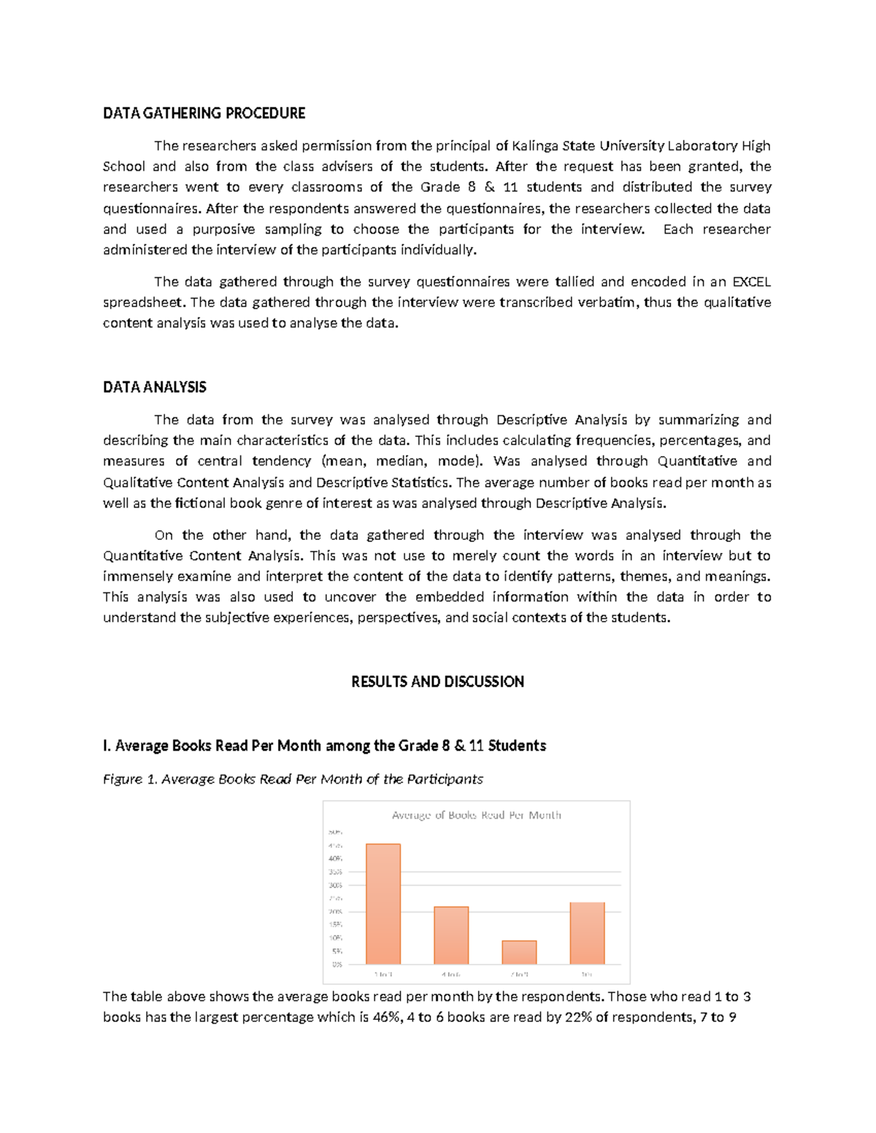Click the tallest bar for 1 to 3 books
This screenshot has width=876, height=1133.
coord(383,904)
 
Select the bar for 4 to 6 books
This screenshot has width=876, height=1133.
coord(451,935)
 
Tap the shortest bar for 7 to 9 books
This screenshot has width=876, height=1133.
coord(519,952)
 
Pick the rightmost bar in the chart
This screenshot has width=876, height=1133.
coord(587,933)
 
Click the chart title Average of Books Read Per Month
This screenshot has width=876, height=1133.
coord(476,815)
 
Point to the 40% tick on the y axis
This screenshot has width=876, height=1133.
coord(336,859)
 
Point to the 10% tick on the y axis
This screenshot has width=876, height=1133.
coord(336,938)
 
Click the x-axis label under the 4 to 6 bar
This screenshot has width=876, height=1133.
coord(451,974)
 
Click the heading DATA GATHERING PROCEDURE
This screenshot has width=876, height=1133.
coord(204,113)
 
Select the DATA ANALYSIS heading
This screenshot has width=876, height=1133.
coord(155,387)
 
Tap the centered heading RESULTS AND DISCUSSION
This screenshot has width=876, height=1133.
coord(437,682)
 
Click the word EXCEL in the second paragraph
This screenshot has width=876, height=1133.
coord(751,282)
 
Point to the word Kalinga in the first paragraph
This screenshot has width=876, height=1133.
coord(535,145)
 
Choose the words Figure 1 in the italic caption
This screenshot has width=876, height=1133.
coord(130,779)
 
